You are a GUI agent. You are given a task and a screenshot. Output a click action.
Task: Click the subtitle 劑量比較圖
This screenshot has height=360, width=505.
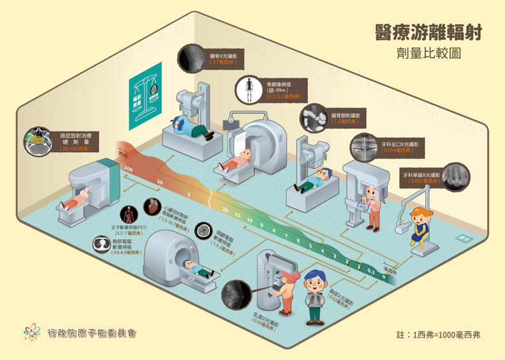(428, 54)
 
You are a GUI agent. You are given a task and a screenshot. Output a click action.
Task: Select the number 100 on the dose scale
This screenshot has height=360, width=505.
(128, 169)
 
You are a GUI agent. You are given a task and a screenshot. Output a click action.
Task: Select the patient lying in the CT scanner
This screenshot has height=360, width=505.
(195, 269)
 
